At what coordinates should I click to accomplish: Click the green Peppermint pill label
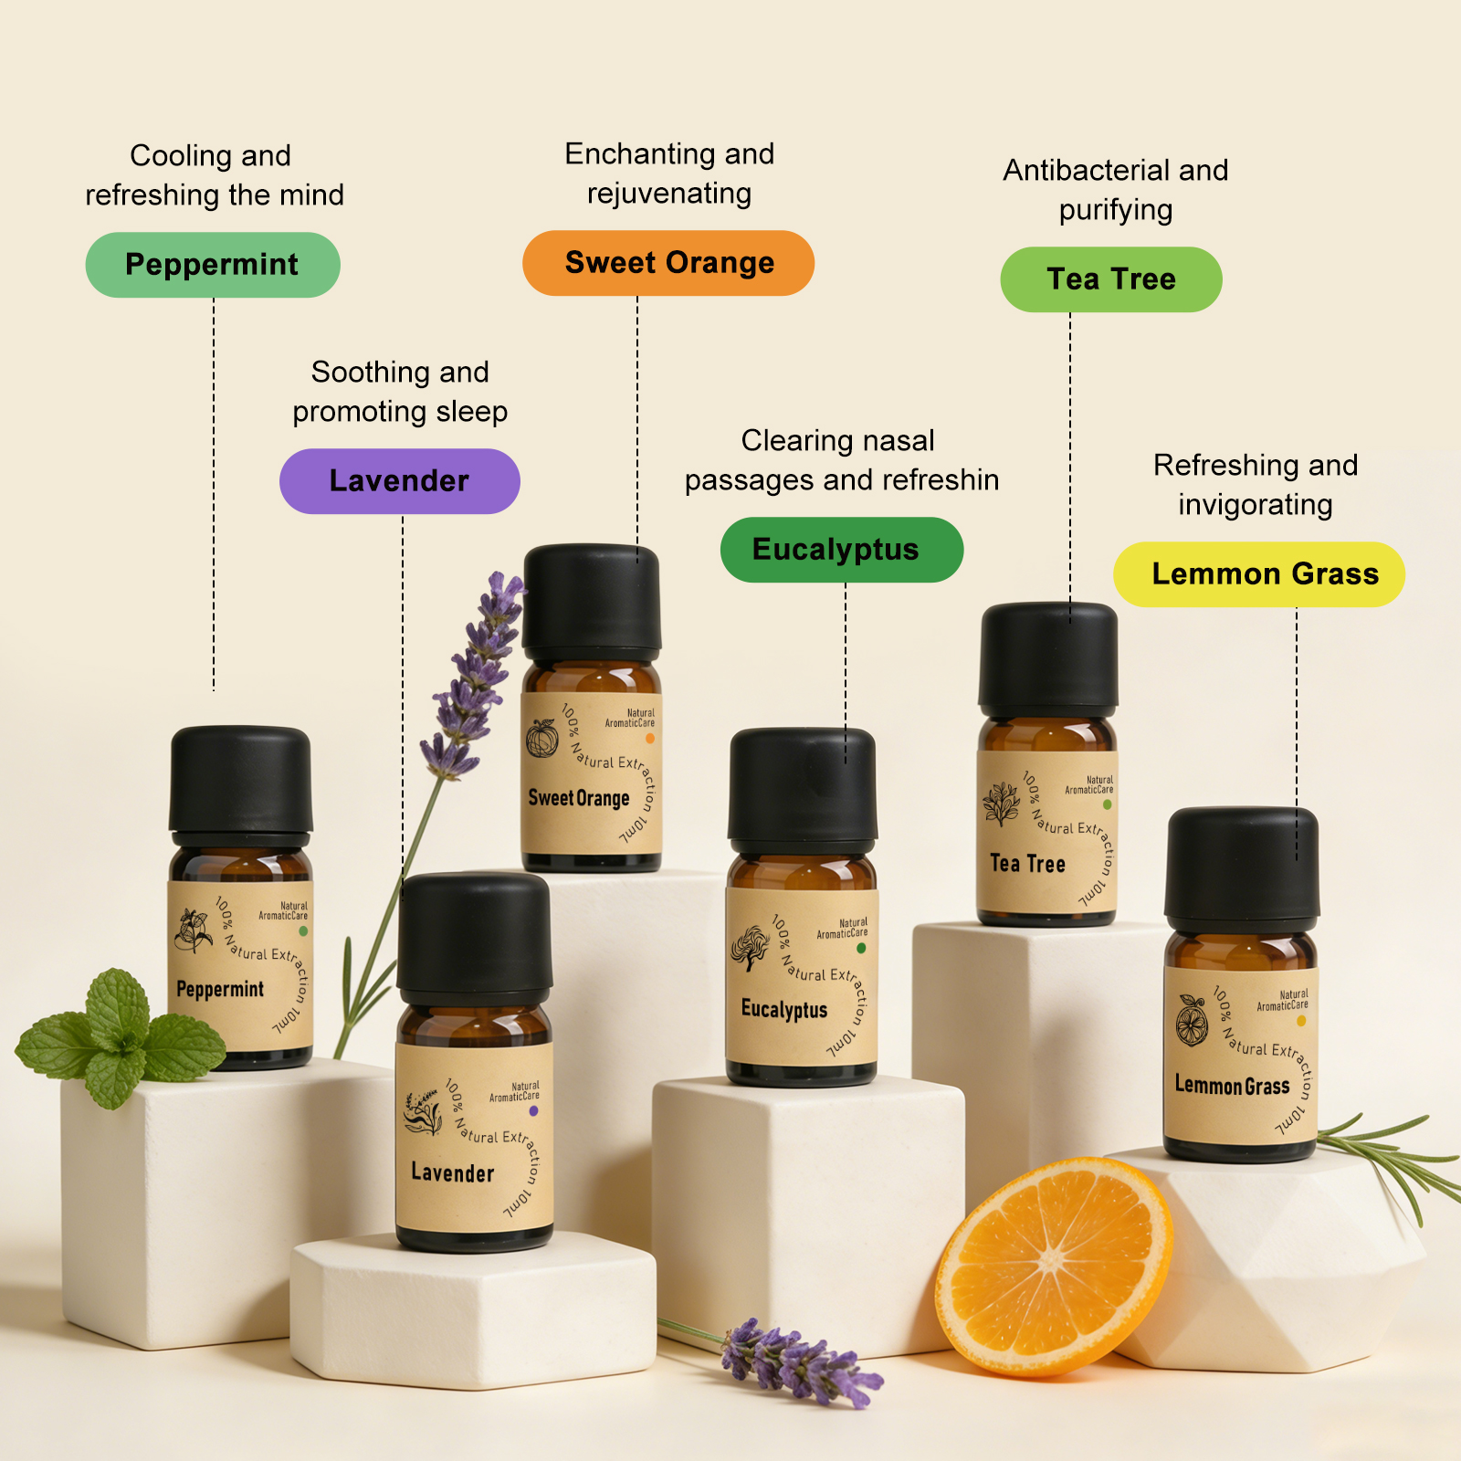(213, 265)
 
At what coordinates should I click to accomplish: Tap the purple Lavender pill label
(400, 481)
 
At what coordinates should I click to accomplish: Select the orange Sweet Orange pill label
(668, 263)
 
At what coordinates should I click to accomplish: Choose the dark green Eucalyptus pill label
(842, 550)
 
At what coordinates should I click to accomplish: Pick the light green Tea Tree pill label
(1111, 279)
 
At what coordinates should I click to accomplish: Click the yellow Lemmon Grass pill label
(1259, 574)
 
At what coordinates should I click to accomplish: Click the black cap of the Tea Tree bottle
(1048, 659)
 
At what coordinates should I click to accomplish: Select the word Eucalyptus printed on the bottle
(784, 1009)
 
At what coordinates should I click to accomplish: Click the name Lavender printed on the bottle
(452, 1172)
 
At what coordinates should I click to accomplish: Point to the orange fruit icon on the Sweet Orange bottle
(541, 738)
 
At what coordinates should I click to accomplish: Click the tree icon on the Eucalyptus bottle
(750, 948)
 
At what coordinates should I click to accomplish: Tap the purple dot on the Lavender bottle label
(533, 1111)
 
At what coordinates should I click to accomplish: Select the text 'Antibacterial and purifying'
(1116, 190)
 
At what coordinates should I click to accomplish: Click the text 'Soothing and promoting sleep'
(400, 392)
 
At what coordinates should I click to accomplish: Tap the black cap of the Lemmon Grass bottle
(1242, 863)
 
